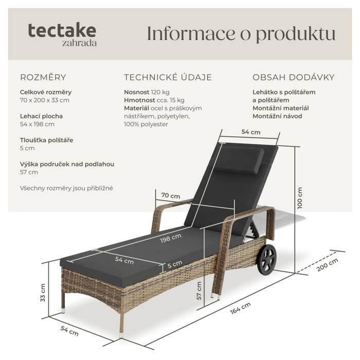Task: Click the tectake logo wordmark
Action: pos(62,30)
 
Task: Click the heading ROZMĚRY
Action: pos(43,77)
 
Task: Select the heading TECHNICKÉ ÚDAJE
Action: pos(168,77)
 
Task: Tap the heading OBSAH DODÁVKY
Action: pos(294,77)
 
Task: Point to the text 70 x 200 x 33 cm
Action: pos(45,100)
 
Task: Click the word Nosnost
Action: pos(137,92)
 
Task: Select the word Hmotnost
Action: pos(139,100)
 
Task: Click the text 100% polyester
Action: pos(146,124)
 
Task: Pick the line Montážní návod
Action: pos(277,116)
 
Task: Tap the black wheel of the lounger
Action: pos(267,259)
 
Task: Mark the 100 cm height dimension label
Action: pos(300,198)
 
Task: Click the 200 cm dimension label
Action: pos(328,265)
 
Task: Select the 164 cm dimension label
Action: pos(240,308)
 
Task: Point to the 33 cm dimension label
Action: pos(43,293)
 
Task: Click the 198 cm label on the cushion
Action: pos(171,238)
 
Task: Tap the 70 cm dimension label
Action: pos(171,195)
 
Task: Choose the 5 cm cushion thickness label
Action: pos(175,264)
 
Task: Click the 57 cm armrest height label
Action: pos(199,291)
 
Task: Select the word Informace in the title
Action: pos(191,33)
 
